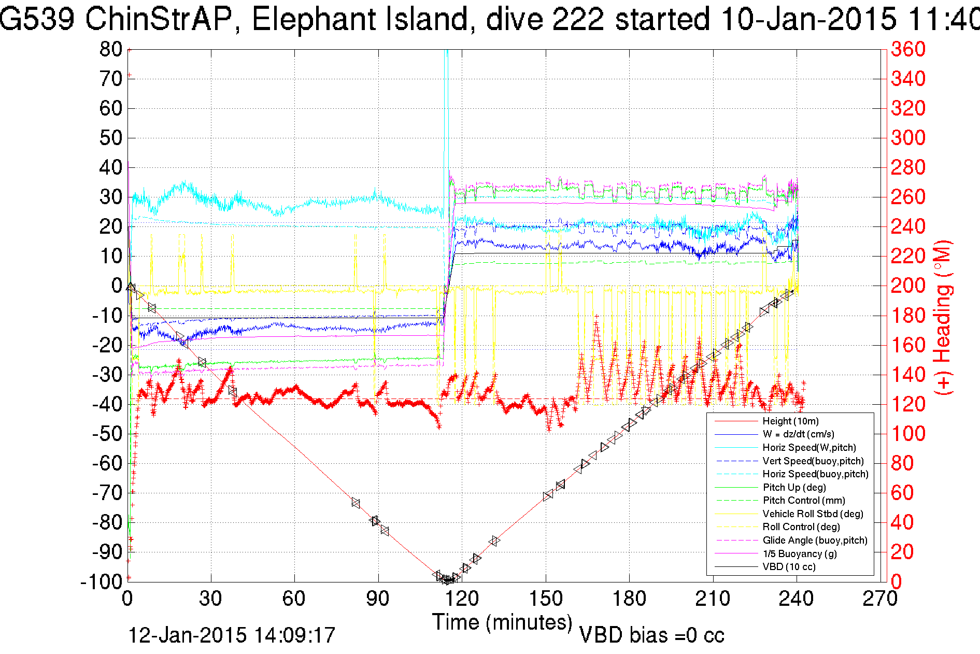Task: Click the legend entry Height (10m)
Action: click(x=790, y=421)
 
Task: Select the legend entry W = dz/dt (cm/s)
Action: click(x=798, y=434)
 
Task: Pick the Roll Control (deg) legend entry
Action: click(x=801, y=527)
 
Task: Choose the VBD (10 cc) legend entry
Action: click(x=789, y=567)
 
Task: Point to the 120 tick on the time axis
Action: click(x=462, y=599)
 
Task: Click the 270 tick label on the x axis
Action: click(x=880, y=599)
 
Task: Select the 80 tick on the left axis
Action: click(x=110, y=50)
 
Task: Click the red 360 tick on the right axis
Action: click(x=908, y=50)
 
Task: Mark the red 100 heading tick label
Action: click(x=908, y=434)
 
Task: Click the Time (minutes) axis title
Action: click(x=502, y=622)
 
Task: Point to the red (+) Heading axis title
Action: click(x=943, y=316)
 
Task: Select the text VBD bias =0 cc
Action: click(x=651, y=635)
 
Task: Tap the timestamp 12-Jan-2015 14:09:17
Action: click(x=232, y=635)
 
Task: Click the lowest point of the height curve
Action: click(x=447, y=580)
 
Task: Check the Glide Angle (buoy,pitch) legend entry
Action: click(x=815, y=541)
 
